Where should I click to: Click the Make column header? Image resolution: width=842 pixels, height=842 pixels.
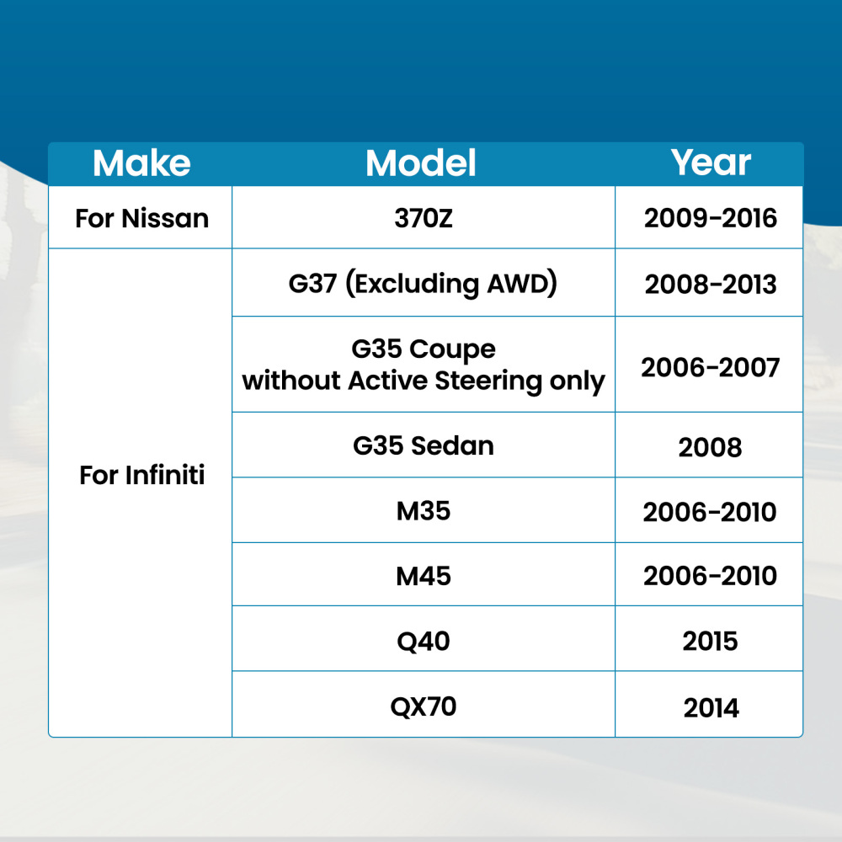click(x=141, y=163)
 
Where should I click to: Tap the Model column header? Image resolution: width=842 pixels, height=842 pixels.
click(x=421, y=163)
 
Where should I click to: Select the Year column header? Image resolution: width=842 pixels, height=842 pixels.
click(x=711, y=163)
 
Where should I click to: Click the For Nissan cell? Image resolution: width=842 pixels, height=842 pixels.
click(x=141, y=219)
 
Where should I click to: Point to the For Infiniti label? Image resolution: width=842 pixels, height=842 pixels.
click(x=141, y=475)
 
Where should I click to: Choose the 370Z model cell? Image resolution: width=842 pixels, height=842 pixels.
click(x=424, y=219)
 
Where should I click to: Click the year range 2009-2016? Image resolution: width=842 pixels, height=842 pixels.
click(x=711, y=218)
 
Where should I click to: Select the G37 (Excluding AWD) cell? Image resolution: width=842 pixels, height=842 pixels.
click(x=424, y=284)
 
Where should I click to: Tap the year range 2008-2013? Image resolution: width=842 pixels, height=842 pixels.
click(x=711, y=284)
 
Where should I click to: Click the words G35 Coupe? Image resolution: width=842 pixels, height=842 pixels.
click(x=424, y=349)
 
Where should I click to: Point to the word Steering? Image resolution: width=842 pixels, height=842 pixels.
click(x=488, y=381)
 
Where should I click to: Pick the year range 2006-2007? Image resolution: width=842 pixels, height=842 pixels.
click(x=710, y=368)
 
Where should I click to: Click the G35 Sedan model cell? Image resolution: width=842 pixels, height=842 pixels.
click(x=424, y=445)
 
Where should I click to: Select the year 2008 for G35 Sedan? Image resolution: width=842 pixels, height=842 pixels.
click(x=710, y=447)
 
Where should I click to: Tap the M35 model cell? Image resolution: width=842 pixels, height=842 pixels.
click(x=424, y=511)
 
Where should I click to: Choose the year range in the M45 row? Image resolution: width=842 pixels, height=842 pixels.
click(x=710, y=576)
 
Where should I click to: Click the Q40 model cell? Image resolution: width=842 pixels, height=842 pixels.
click(x=424, y=641)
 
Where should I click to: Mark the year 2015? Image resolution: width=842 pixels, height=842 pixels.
click(x=710, y=641)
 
